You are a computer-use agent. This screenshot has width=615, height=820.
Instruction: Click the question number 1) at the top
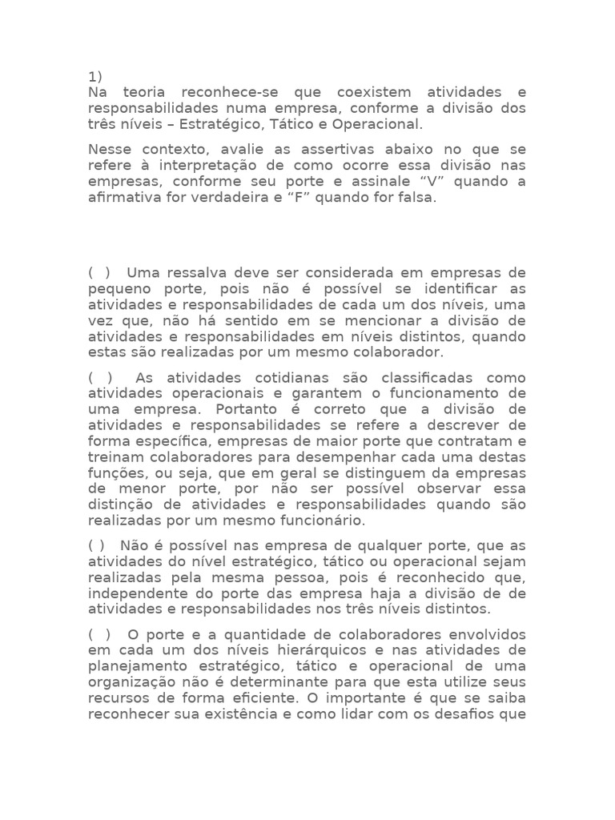[x=95, y=77]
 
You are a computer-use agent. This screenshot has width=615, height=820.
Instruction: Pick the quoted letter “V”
[x=440, y=181]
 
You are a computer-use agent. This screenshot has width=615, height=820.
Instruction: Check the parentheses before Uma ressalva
[x=100, y=272]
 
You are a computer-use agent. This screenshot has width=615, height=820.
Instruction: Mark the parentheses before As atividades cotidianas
[x=100, y=377]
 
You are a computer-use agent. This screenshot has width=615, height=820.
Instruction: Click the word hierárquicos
[x=318, y=650]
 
